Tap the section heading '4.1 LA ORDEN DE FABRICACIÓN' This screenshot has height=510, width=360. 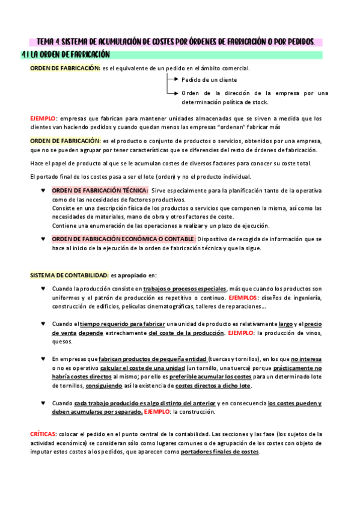(66, 55)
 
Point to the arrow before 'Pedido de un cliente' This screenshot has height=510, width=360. (172, 79)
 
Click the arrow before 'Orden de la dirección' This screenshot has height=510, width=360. (172, 93)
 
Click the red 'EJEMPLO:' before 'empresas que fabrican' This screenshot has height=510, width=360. (44, 118)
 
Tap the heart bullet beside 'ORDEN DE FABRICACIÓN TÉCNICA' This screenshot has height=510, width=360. (43, 191)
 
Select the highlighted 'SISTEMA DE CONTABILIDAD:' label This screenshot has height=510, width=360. (69, 275)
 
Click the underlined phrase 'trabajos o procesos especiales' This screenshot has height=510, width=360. (186, 289)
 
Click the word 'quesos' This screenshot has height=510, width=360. (62, 342)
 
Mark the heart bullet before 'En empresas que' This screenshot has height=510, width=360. (43, 358)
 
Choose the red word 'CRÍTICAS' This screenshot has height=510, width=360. (43, 434)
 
